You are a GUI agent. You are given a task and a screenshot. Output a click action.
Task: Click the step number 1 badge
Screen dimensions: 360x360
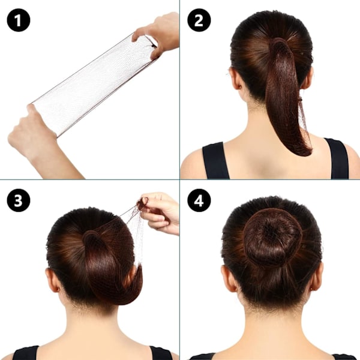19,20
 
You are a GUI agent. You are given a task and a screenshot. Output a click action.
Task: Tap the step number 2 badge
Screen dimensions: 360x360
199,20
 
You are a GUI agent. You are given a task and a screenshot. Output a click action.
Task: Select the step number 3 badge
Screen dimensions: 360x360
19,200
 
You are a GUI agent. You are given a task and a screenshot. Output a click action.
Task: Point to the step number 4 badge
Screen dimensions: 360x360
199,200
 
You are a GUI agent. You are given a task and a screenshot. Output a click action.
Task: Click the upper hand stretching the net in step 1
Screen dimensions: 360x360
158,34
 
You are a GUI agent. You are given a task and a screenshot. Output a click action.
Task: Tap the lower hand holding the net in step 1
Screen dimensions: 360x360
39,138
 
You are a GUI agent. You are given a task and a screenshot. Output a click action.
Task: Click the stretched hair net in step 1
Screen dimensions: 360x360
94,85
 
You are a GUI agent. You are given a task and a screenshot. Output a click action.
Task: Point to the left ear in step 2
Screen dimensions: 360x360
235,79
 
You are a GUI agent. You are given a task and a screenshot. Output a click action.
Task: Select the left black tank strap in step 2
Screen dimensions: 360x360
215,161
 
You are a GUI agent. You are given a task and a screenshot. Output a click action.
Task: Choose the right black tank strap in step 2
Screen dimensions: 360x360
337,158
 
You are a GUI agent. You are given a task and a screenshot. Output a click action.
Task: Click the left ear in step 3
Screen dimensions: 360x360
52,280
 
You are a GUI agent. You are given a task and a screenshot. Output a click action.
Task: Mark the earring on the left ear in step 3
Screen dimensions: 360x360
58,289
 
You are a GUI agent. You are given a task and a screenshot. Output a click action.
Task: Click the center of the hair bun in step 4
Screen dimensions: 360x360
272,237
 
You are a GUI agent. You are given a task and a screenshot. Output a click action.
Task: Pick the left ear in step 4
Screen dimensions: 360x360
229,278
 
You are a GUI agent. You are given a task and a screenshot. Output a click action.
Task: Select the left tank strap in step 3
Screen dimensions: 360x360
26,353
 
